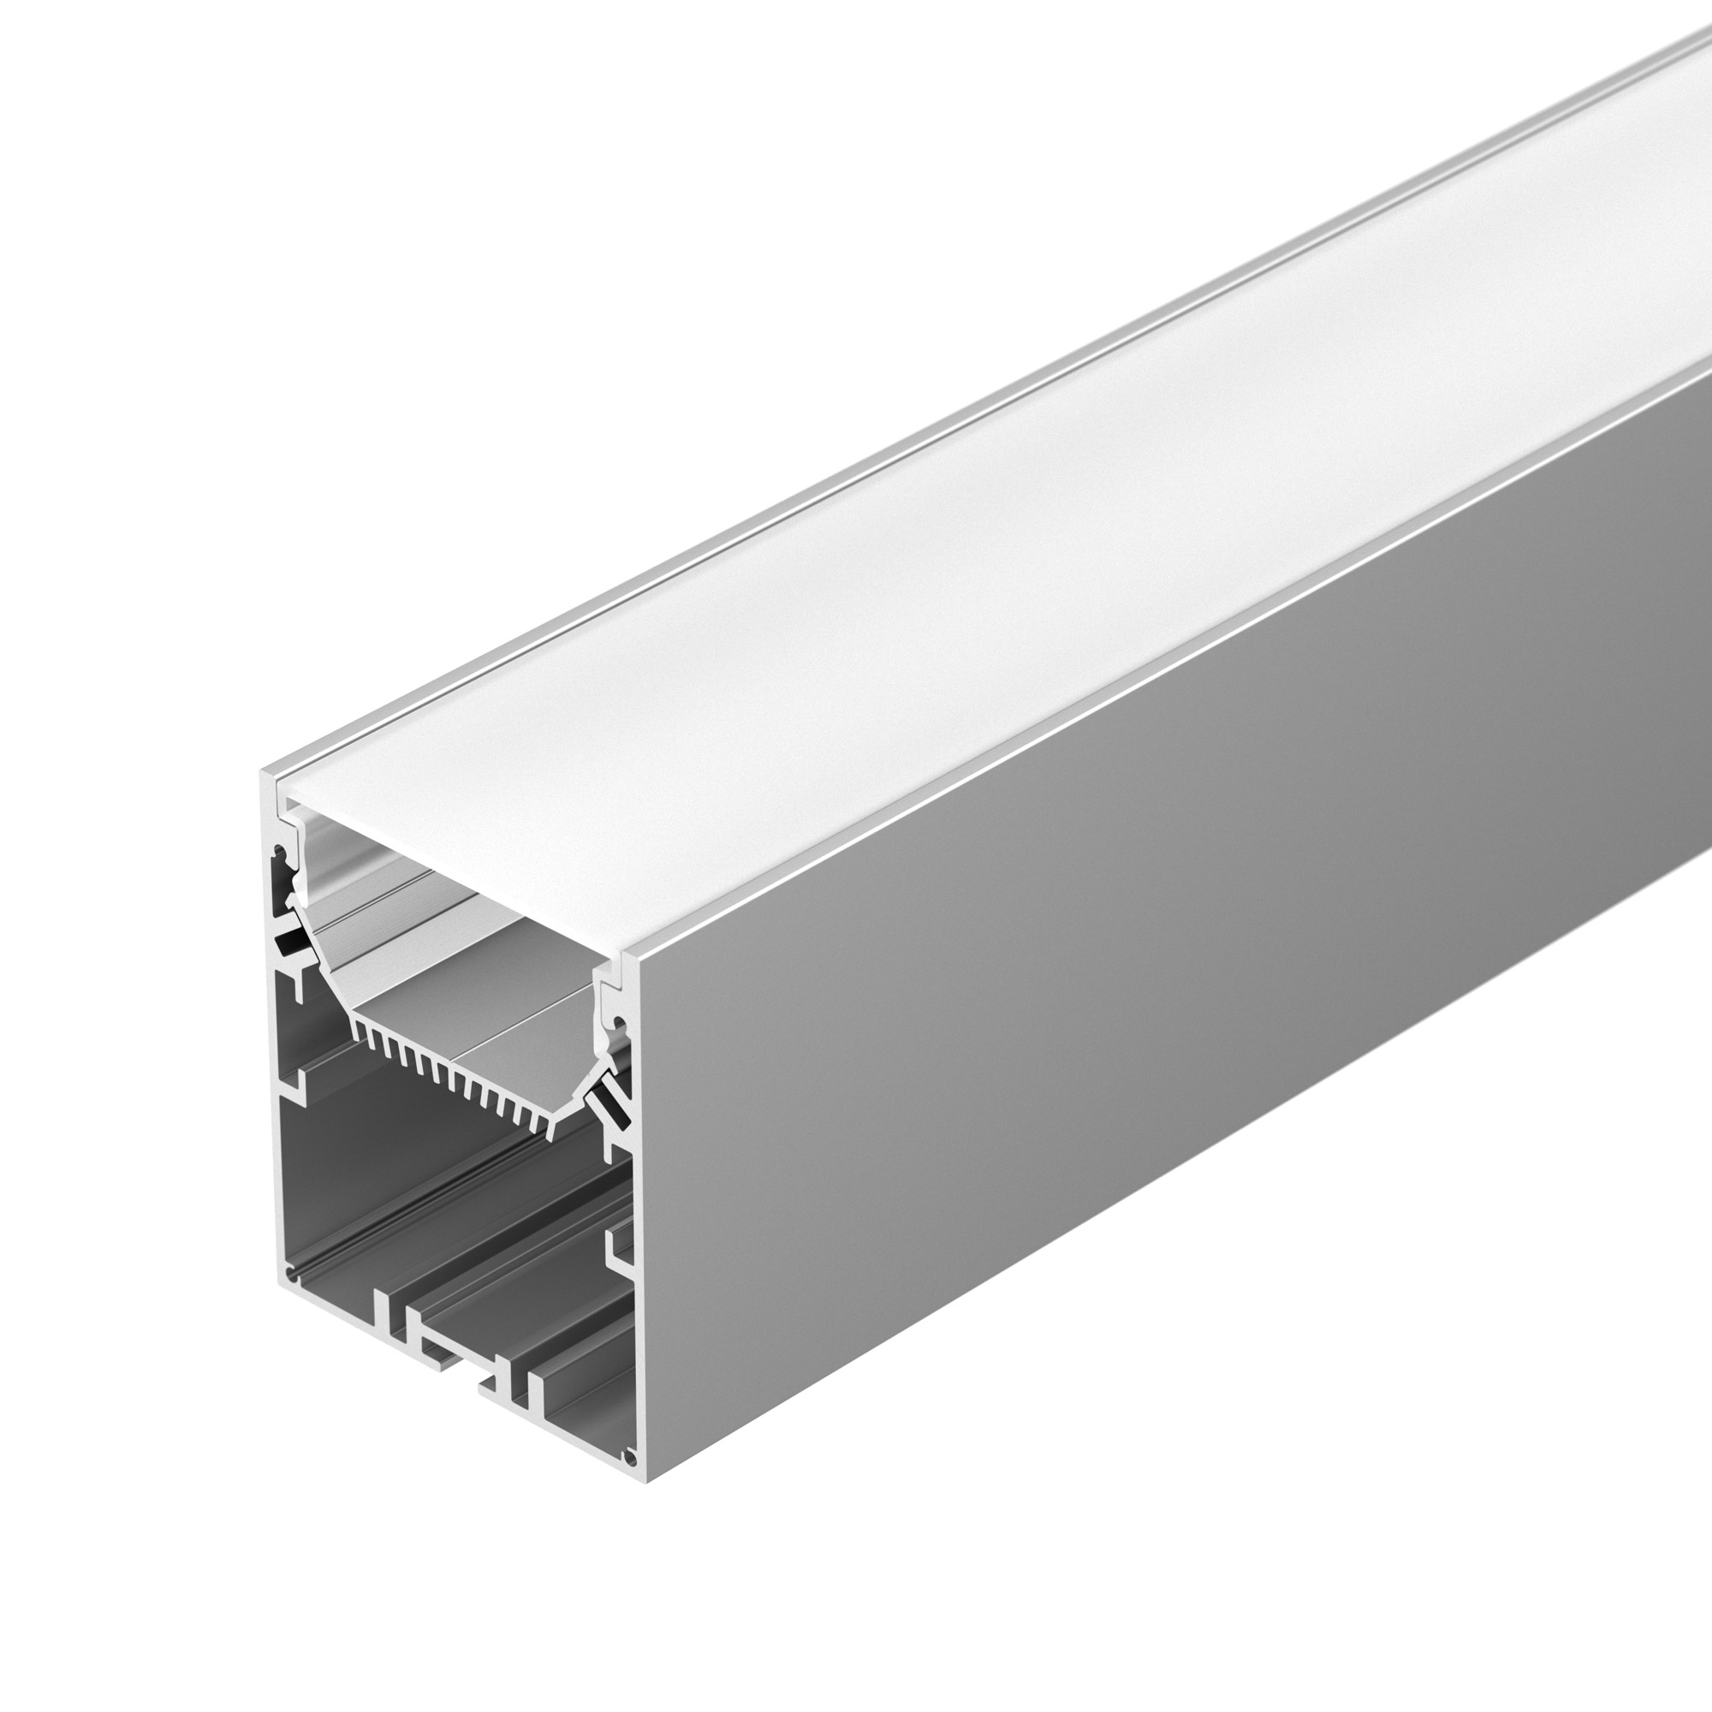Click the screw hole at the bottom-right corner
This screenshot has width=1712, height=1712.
click(x=629, y=1456)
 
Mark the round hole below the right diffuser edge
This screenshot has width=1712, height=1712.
click(x=620, y=1026)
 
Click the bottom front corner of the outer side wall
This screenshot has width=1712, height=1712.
click(x=648, y=1481)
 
